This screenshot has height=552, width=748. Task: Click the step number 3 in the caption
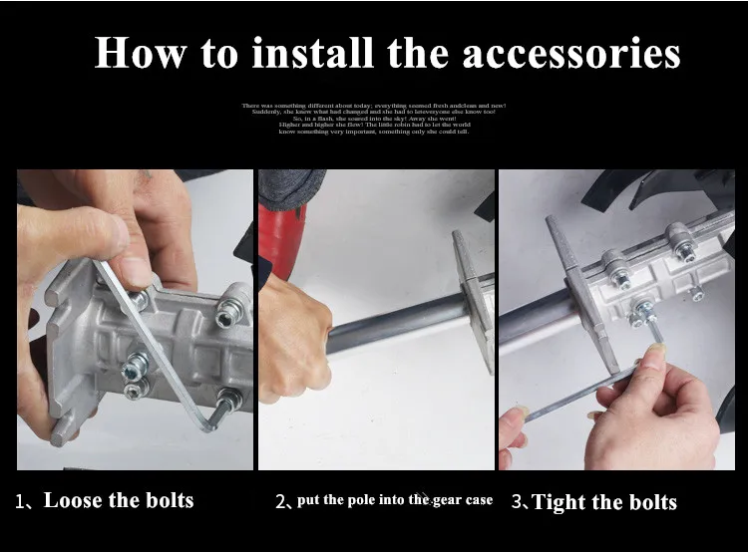click(x=517, y=502)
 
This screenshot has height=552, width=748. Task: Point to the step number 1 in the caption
click(x=20, y=501)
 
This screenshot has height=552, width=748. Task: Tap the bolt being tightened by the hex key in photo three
click(x=643, y=313)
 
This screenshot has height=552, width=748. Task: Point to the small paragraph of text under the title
click(x=374, y=118)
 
